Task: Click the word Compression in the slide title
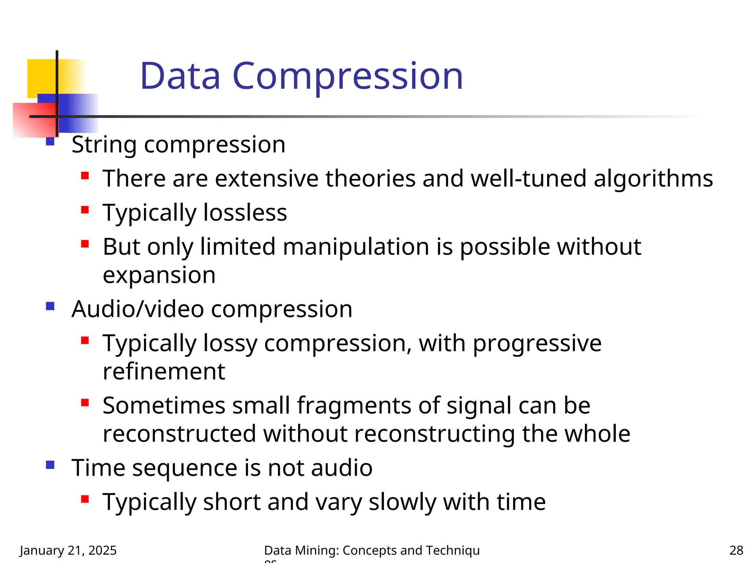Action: click(348, 76)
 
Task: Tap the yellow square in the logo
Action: click(41, 77)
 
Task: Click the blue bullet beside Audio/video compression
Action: click(50, 306)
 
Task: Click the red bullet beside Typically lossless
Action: click(85, 210)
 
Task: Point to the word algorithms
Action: click(653, 179)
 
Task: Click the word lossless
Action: click(245, 213)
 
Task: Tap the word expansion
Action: click(159, 276)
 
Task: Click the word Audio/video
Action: click(138, 309)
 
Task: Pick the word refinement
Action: click(164, 372)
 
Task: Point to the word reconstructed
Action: click(179, 434)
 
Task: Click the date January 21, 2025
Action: click(68, 551)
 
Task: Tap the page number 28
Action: click(736, 551)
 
